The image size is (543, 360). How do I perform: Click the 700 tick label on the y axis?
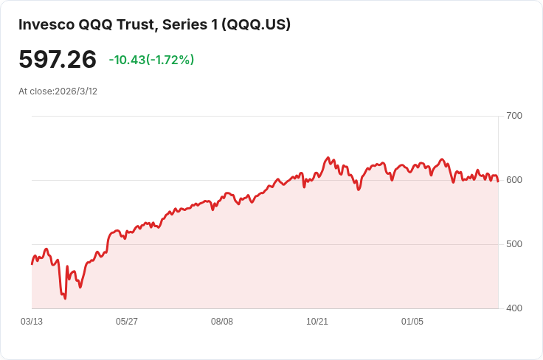tap(513, 116)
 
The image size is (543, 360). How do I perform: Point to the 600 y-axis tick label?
tap(513, 180)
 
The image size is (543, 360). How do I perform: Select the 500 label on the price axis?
tap(513, 244)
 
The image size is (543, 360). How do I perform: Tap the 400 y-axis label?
tap(513, 308)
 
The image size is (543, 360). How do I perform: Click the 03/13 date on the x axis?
tap(32, 322)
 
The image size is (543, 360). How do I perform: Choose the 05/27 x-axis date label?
tap(127, 322)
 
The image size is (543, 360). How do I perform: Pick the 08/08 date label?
tap(222, 322)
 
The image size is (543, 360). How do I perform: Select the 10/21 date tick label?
tap(317, 322)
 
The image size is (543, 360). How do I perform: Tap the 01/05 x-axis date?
tap(412, 322)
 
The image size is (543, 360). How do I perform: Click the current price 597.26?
tap(58, 60)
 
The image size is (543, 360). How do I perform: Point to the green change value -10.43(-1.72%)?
tap(151, 60)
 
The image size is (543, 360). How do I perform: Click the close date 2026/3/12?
tap(76, 91)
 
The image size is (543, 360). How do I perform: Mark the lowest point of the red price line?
tap(65, 299)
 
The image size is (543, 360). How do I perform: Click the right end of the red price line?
tap(498, 181)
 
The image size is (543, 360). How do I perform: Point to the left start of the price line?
tap(32, 263)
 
